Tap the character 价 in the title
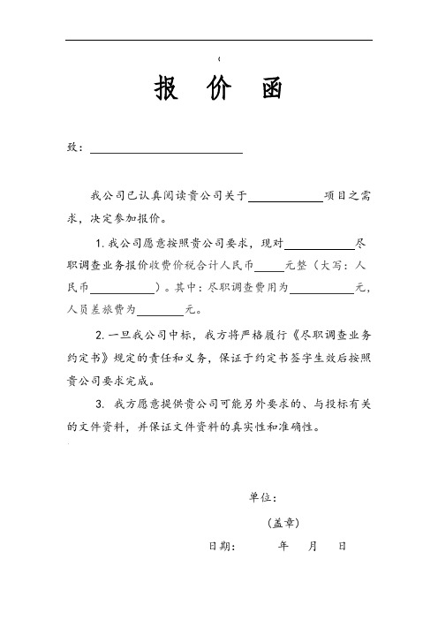[x=218, y=89]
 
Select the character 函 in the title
[x=272, y=89]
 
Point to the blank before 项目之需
[x=285, y=196]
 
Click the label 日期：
[x=222, y=547]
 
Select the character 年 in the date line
[x=283, y=547]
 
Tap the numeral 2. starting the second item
[x=99, y=336]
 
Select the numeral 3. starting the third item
[x=99, y=405]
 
